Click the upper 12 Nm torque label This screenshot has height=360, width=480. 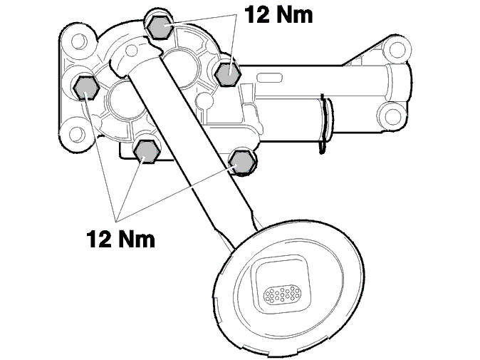(278, 14)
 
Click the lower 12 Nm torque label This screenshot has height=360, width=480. (120, 239)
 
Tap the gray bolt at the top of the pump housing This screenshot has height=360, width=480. (160, 26)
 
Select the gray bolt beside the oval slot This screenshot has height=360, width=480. (228, 73)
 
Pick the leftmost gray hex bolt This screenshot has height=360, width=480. (86, 88)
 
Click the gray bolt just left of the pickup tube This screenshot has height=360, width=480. (146, 151)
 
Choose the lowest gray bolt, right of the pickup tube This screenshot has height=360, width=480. (242, 162)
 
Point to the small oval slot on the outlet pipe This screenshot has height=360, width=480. (269, 78)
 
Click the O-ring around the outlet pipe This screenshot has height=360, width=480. (325, 124)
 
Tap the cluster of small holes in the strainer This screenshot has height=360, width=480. (282, 294)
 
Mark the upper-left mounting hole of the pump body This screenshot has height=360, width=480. (79, 41)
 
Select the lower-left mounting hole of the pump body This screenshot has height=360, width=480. (78, 134)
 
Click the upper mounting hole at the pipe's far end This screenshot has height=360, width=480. (397, 49)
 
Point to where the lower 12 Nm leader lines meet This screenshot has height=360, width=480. (115, 220)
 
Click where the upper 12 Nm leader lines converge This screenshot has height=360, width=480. (236, 15)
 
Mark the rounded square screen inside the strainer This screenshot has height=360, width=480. (281, 282)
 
